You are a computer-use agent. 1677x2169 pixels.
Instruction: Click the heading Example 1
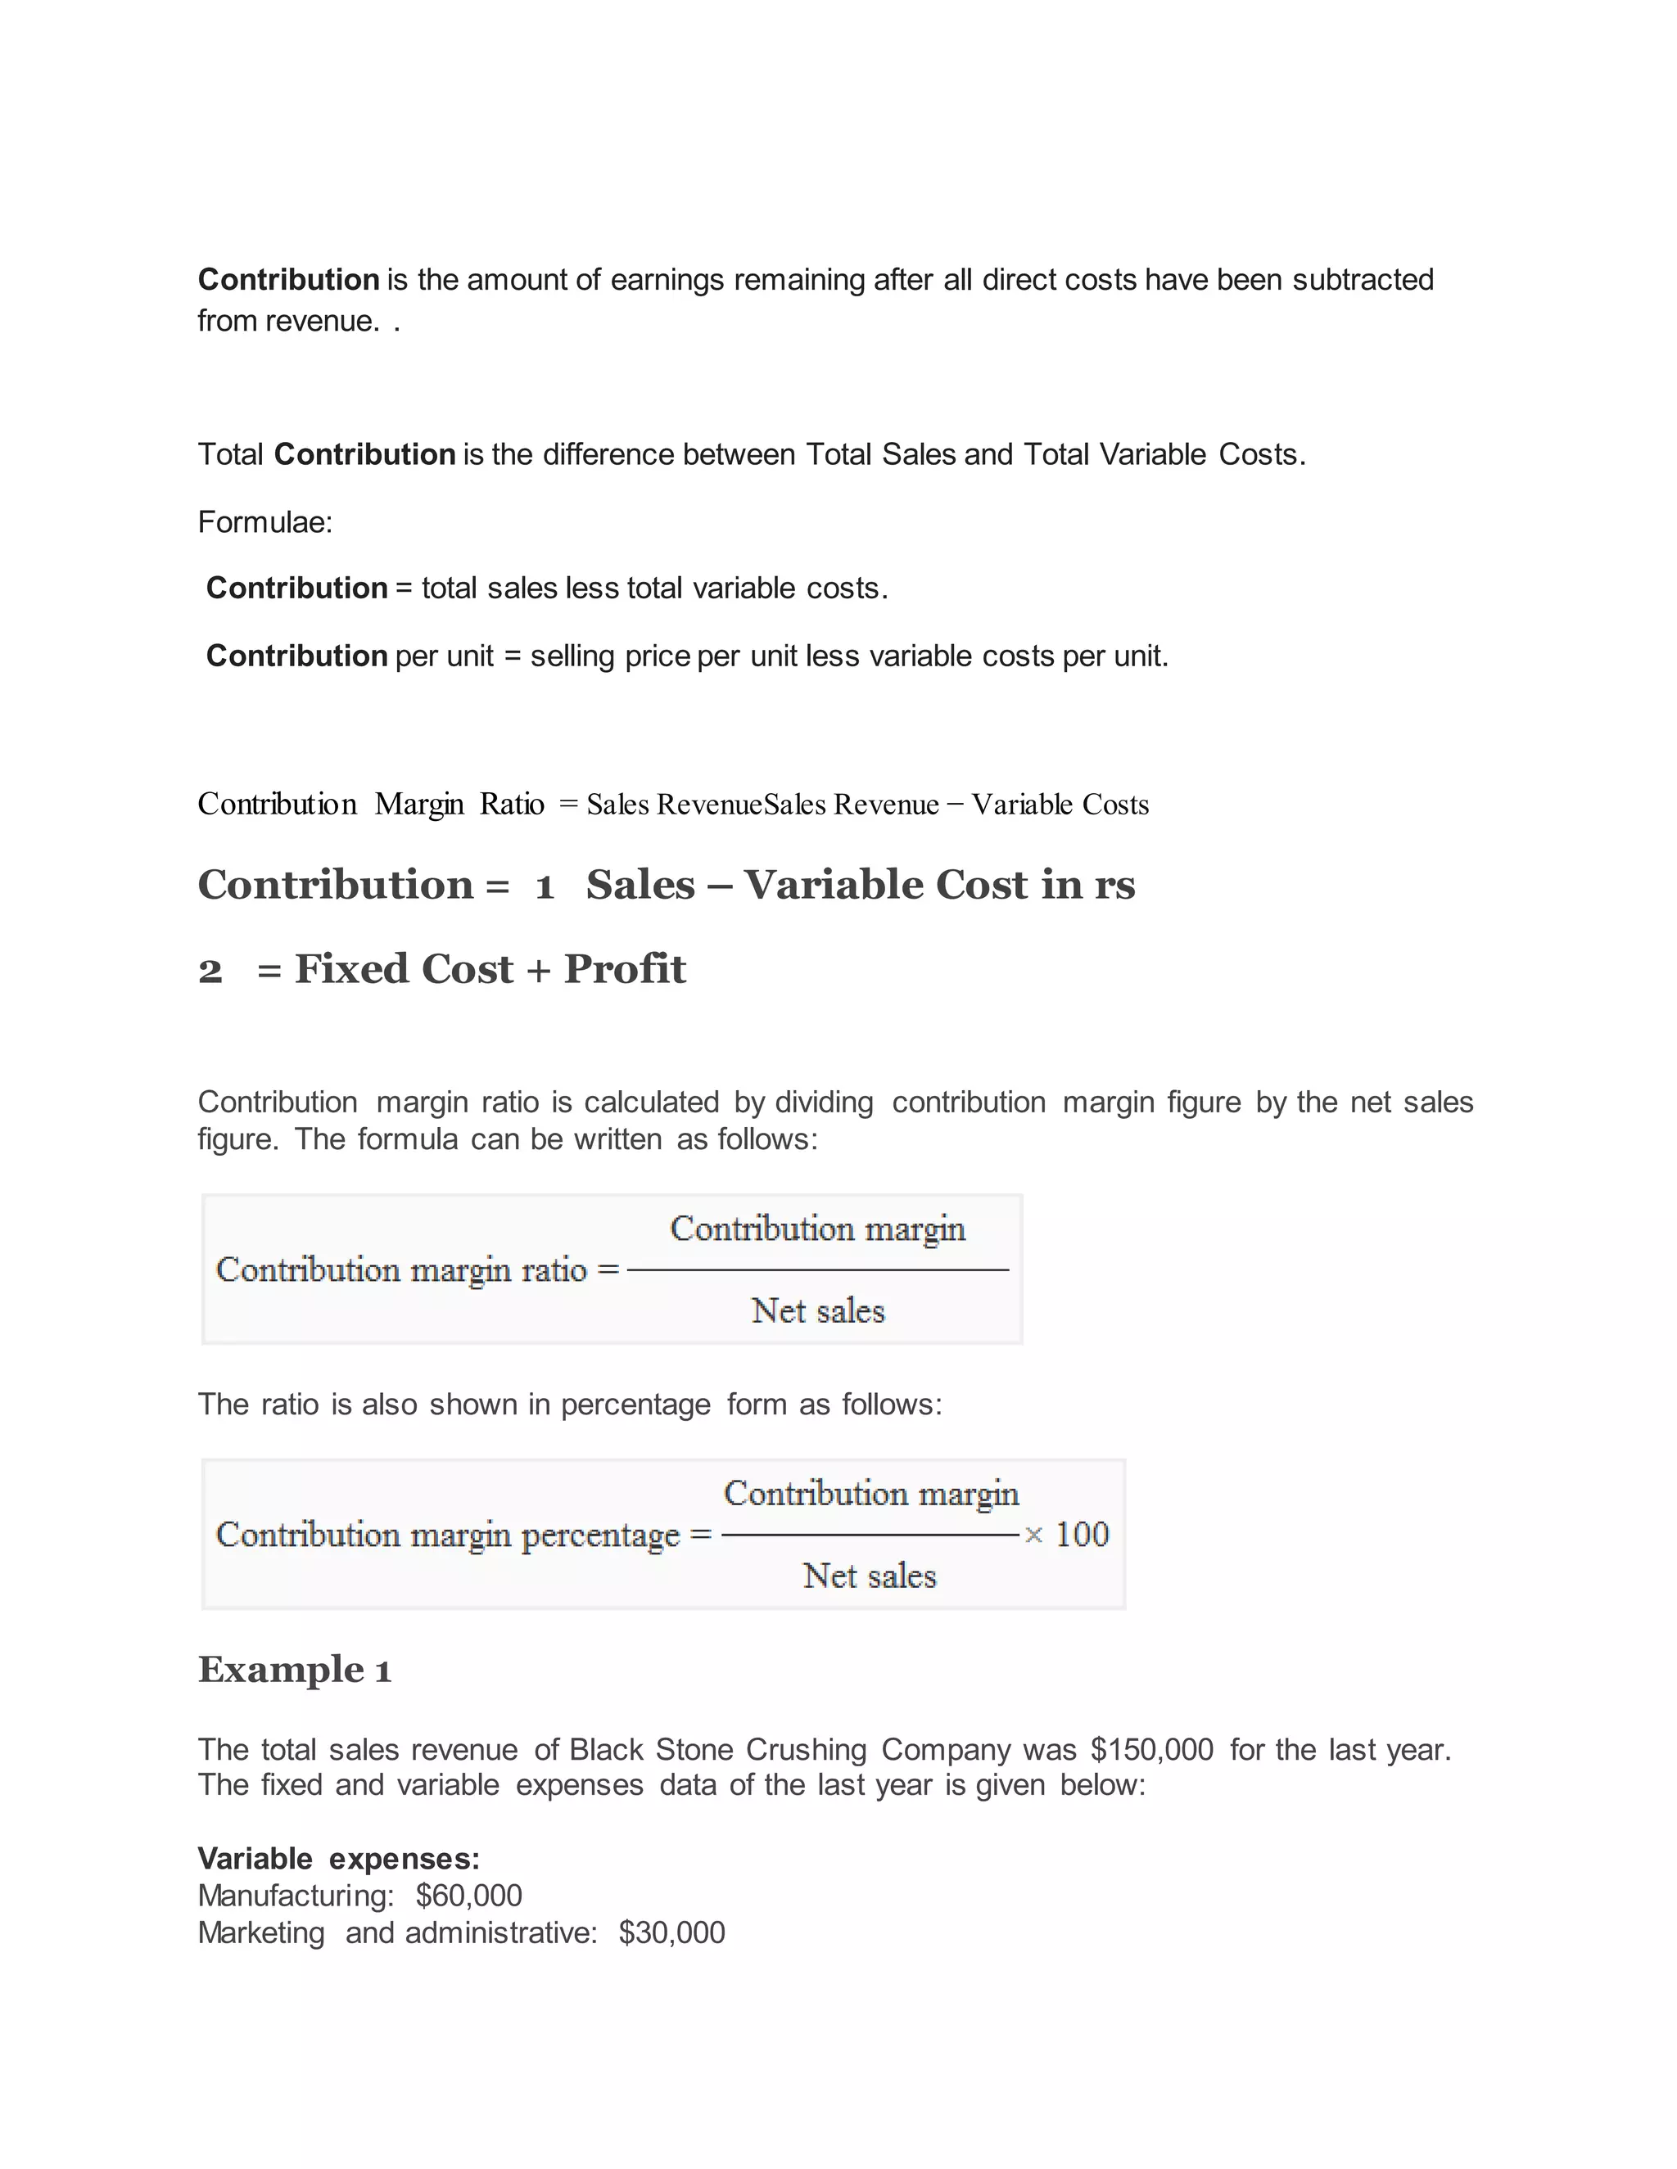pyautogui.click(x=294, y=1670)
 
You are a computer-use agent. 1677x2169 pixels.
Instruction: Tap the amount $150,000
pyautogui.click(x=1151, y=1749)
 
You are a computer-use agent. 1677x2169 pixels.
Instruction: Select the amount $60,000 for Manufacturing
pyautogui.click(x=469, y=1895)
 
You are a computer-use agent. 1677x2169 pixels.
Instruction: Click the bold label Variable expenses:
pyautogui.click(x=339, y=1858)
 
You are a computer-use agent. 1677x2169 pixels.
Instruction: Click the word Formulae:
pyautogui.click(x=265, y=521)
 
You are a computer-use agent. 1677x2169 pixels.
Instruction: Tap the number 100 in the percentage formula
pyautogui.click(x=1082, y=1535)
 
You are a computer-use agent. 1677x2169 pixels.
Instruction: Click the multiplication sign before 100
pyautogui.click(x=1033, y=1535)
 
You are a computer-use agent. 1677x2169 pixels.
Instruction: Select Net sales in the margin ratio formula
pyautogui.click(x=818, y=1311)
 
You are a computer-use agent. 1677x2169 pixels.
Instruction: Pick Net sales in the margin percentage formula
pyautogui.click(x=870, y=1576)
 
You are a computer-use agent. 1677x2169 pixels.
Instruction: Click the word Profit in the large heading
pyautogui.click(x=625, y=968)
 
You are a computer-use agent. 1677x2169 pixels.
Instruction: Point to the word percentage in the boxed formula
pyautogui.click(x=600, y=1535)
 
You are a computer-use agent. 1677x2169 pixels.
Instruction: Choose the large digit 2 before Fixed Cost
pyautogui.click(x=210, y=970)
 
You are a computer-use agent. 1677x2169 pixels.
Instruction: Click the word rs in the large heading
pyautogui.click(x=1114, y=884)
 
